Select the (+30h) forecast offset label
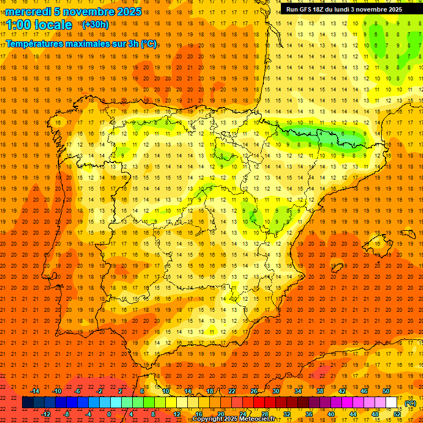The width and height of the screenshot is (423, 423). pos(95,25)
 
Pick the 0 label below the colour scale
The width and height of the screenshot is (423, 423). pos(109,414)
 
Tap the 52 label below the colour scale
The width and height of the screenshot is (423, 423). pos(397,414)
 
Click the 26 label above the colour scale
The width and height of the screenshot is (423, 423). pos(254,391)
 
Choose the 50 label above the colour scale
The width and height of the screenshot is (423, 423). pos(386,391)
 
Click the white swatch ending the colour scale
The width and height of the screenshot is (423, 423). pos(391,403)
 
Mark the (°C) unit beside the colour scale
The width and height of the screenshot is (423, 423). pos(410,403)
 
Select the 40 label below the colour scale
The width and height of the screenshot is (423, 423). pos(330,414)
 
